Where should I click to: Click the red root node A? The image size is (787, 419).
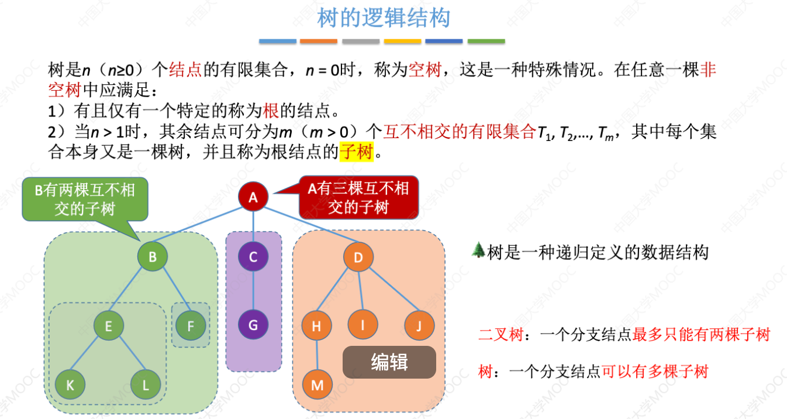tap(253, 197)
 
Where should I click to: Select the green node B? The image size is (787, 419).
tap(153, 256)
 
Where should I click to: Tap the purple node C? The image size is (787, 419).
tap(253, 256)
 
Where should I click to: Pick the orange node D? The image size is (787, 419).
tap(359, 256)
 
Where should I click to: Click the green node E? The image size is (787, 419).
tap(109, 326)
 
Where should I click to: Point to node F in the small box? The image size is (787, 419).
tap(190, 325)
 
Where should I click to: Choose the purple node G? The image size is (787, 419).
tap(253, 325)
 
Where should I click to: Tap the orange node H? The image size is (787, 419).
tap(317, 326)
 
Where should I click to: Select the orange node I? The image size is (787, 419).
tap(363, 325)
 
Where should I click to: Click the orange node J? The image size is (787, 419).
tap(419, 325)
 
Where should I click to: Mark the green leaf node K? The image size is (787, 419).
tap(70, 384)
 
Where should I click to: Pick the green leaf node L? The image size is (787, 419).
tap(146, 384)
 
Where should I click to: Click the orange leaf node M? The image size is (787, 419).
tap(317, 384)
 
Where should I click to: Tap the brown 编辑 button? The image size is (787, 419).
tap(389, 362)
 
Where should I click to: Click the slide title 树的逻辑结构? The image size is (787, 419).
tap(384, 18)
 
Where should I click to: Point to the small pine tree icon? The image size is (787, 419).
tap(478, 250)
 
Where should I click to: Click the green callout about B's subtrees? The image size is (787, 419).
tap(85, 200)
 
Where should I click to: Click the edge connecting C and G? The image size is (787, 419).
tap(253, 290)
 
